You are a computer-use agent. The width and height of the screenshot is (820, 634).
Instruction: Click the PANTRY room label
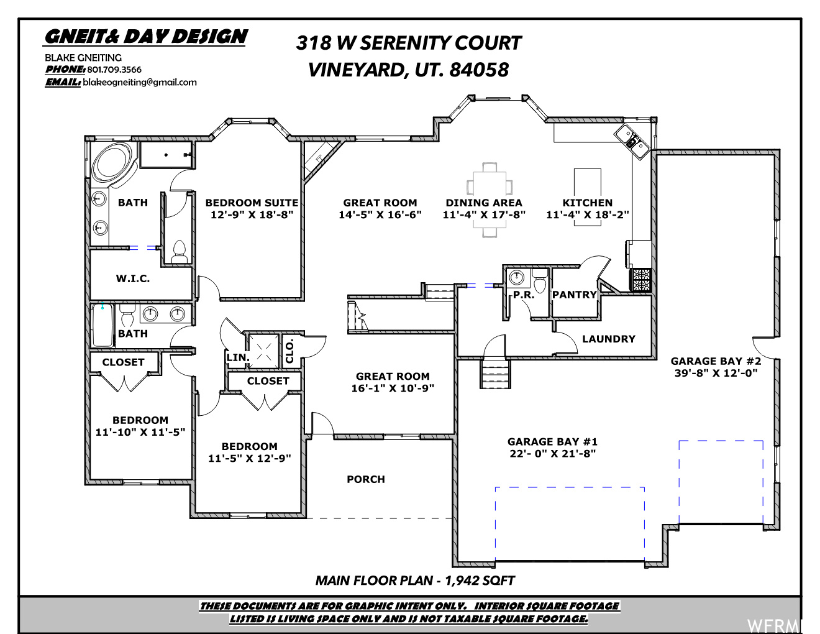575,295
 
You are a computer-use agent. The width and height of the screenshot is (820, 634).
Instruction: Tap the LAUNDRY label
609,339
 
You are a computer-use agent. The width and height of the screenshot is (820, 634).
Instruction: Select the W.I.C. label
133,278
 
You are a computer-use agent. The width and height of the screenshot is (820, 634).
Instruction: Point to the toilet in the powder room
540,282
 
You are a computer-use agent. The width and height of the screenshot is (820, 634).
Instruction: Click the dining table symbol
489,200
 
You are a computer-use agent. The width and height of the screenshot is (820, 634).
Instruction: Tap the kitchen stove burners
640,280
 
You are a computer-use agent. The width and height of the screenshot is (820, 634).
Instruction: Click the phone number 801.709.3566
114,70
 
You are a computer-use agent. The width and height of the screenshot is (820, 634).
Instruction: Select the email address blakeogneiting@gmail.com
140,82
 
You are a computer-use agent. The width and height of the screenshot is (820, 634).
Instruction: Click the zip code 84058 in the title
479,70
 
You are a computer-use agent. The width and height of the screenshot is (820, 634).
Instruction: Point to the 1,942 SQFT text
480,581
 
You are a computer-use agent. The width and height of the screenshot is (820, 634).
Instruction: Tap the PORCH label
366,479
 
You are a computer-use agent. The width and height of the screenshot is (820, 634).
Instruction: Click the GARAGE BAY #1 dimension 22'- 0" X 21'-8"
552,453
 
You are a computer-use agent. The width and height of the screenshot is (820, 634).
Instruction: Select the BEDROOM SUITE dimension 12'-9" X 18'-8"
252,214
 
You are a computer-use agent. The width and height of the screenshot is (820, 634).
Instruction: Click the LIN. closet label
238,357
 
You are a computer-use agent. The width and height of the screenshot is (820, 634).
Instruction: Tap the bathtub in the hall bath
102,325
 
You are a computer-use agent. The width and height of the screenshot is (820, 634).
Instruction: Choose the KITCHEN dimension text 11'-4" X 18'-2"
588,214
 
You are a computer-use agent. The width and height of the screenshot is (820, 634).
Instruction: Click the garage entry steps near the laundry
495,374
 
